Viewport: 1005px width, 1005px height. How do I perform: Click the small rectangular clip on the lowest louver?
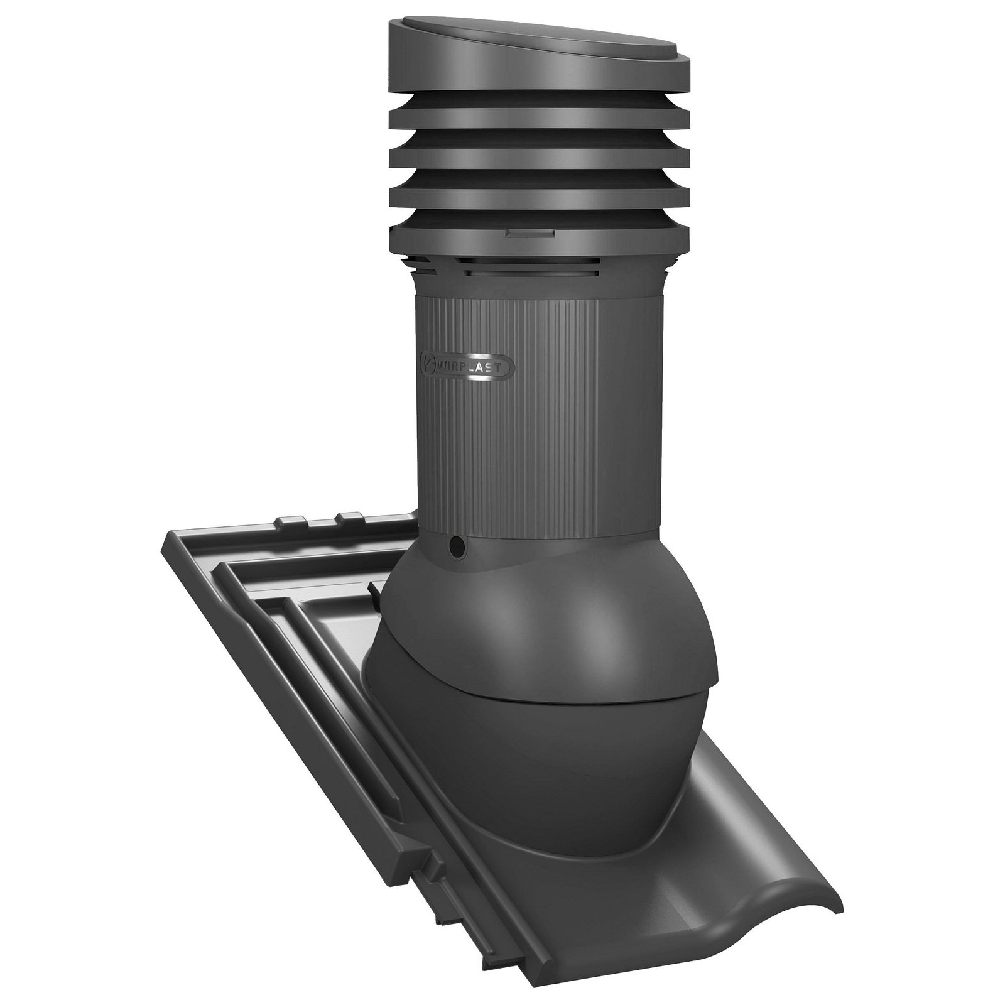530,233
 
